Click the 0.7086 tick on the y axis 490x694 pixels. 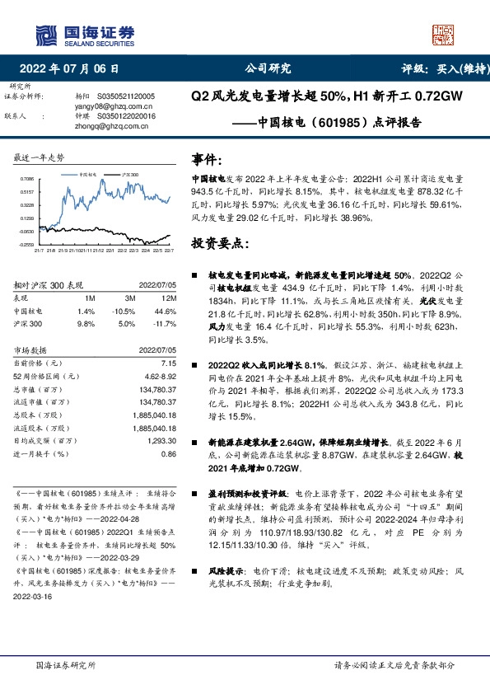coord(27,178)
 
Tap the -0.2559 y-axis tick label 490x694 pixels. coord(27,245)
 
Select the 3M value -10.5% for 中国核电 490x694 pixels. coord(124,311)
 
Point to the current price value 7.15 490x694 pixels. coord(168,363)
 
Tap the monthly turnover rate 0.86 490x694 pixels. coord(168,455)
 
